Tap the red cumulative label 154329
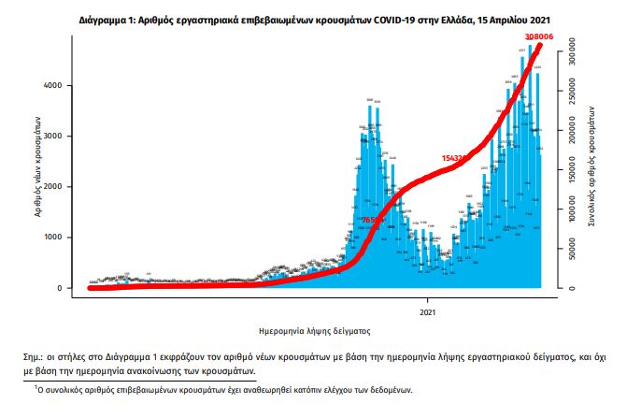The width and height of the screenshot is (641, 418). point(458,159)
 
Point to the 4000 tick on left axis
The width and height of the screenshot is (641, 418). point(52,86)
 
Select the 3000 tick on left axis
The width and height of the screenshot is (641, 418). point(52,137)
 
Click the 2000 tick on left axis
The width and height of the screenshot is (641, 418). point(52,187)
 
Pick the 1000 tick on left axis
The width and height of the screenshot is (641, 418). point(52,238)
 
